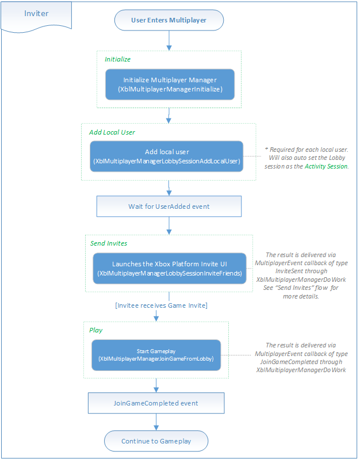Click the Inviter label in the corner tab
click(36, 13)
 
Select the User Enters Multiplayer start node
click(169, 20)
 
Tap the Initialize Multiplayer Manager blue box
click(170, 85)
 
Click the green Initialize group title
click(118, 59)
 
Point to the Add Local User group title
click(112, 132)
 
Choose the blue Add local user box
click(167, 156)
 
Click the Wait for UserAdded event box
click(169, 206)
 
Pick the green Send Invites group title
click(109, 243)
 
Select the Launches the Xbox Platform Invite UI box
click(170, 269)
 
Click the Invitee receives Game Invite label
click(162, 305)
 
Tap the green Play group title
click(95, 330)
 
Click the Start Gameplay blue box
click(156, 355)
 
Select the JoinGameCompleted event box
click(156, 403)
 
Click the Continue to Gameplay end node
click(156, 441)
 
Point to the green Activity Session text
click(326, 166)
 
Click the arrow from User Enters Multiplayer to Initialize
click(169, 41)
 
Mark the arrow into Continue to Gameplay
click(156, 422)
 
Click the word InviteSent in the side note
click(286, 271)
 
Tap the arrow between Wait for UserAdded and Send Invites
click(169, 225)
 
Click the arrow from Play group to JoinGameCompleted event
click(156, 385)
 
